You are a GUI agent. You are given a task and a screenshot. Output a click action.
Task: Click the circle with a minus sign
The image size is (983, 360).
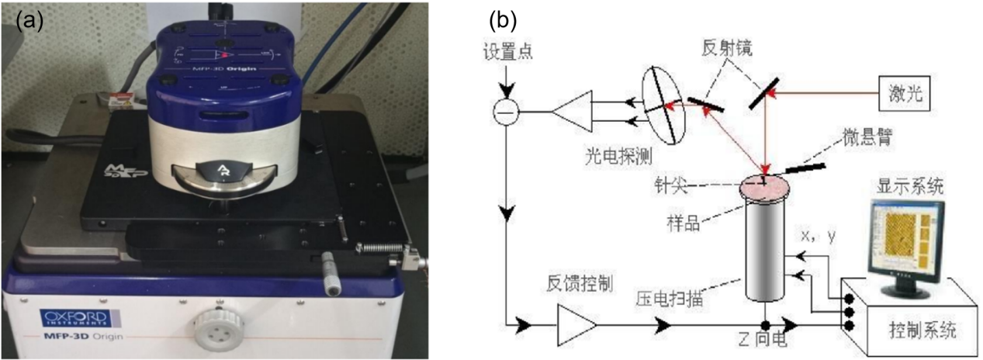[x=506, y=113]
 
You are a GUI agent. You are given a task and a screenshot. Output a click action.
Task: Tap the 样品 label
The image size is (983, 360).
[x=683, y=221]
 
